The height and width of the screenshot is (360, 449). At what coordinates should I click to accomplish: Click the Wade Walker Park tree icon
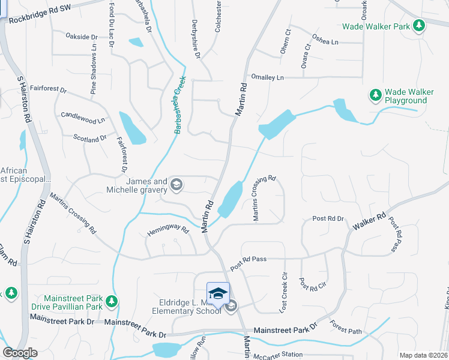click(419, 26)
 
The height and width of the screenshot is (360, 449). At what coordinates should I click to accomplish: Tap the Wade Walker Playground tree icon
click(376, 95)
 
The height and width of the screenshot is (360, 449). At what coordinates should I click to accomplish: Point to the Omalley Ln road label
click(267, 77)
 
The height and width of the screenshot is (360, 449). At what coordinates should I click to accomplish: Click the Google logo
click(20, 353)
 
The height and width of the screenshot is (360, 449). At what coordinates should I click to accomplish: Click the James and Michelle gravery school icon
click(176, 184)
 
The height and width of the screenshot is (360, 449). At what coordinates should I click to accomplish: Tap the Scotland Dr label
click(90, 139)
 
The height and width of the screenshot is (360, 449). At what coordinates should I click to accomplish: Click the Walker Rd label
click(369, 223)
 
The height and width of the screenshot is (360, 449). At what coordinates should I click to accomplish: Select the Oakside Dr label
click(82, 37)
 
